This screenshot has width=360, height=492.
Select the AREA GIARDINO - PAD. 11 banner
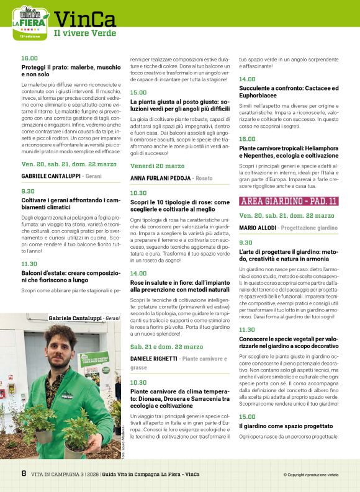click(x=289, y=201)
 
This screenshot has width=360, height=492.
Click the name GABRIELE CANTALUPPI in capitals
click(x=51, y=176)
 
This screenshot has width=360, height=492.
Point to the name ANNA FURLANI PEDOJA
click(x=160, y=178)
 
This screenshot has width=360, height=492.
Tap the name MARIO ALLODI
click(x=257, y=228)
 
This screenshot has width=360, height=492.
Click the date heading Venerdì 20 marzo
click(x=157, y=166)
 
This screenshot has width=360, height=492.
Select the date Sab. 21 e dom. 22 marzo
click(x=166, y=347)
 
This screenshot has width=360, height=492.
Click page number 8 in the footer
click(x=24, y=474)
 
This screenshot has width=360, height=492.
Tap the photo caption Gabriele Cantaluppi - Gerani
click(x=84, y=318)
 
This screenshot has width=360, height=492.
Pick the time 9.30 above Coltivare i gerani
click(x=28, y=191)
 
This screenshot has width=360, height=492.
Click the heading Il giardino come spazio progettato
click(x=277, y=426)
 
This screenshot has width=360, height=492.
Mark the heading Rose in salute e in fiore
click(x=179, y=285)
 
